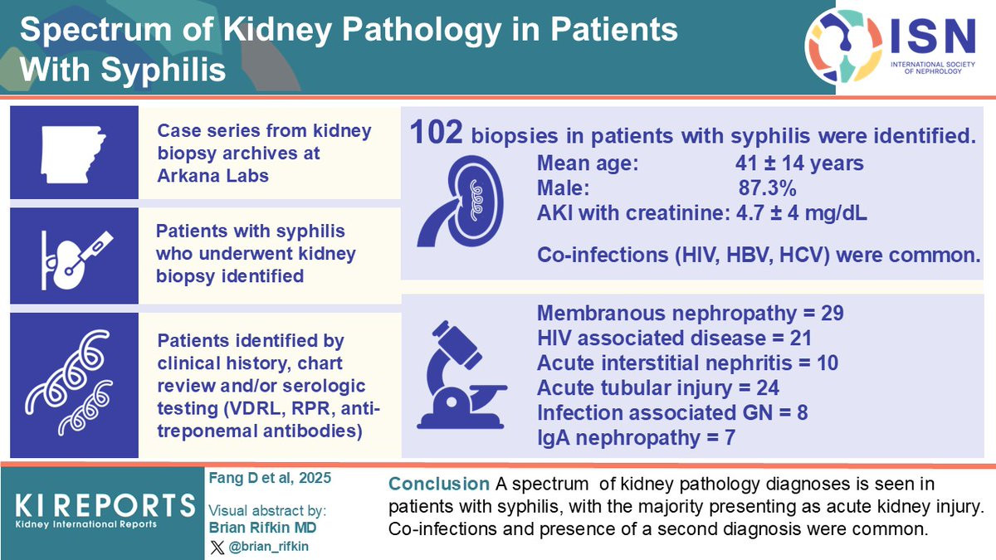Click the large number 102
[436, 133]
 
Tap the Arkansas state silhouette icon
[73, 154]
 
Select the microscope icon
[462, 375]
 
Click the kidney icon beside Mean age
[461, 201]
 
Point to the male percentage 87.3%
[768, 188]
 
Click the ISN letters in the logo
[933, 37]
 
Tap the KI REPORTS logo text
[105, 506]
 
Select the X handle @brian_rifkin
[268, 546]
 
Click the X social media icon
[217, 547]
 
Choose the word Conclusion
[439, 484]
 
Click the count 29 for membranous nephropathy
[832, 314]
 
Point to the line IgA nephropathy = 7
[637, 438]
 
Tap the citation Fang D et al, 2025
[270, 478]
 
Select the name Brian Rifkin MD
[263, 528]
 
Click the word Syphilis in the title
[164, 70]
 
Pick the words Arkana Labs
[213, 176]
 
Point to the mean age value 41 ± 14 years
[799, 163]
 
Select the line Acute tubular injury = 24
[658, 388]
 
